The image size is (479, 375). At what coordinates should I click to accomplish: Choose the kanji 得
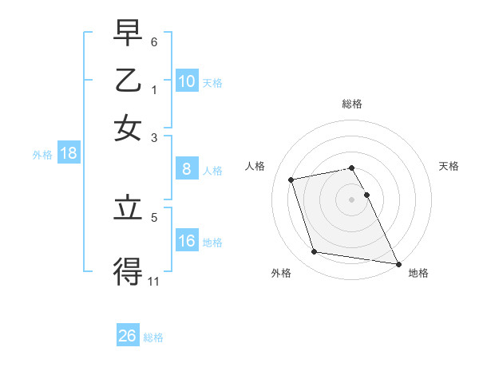point(128,271)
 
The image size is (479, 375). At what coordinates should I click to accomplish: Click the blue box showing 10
point(187,81)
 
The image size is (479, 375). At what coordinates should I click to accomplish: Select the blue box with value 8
point(187,169)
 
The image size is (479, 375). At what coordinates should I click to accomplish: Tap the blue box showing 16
point(187,241)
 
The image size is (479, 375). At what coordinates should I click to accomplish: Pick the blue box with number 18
point(69,153)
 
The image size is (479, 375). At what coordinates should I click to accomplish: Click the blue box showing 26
point(128,336)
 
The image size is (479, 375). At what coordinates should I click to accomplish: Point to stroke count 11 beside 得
point(154,281)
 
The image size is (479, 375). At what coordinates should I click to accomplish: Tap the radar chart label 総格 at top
point(352,104)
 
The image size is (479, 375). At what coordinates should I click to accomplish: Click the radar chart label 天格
point(449,166)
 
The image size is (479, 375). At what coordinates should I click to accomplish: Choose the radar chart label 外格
point(281,273)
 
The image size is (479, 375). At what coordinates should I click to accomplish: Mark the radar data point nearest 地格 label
point(397,263)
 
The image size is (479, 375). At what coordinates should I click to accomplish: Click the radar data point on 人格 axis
point(291,180)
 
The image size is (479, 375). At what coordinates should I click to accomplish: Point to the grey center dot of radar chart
point(352,199)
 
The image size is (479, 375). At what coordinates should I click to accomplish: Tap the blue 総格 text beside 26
point(153,337)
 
